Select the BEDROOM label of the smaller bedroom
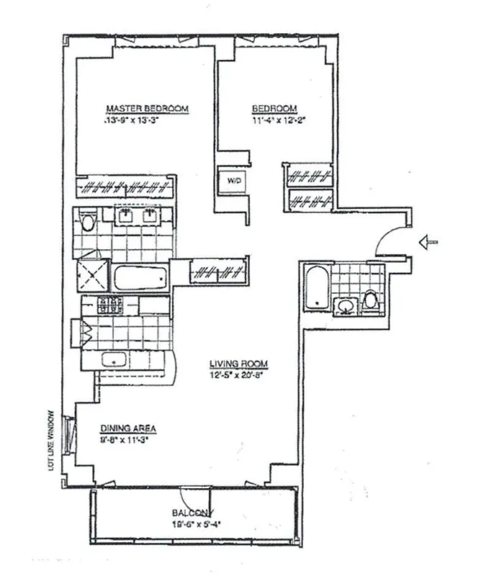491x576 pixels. click(271, 109)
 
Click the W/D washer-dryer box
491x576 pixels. click(234, 181)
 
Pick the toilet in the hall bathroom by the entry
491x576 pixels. click(371, 300)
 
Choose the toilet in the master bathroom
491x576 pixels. click(86, 220)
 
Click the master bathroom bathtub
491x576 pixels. click(141, 277)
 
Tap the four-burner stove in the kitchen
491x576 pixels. click(109, 305)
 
